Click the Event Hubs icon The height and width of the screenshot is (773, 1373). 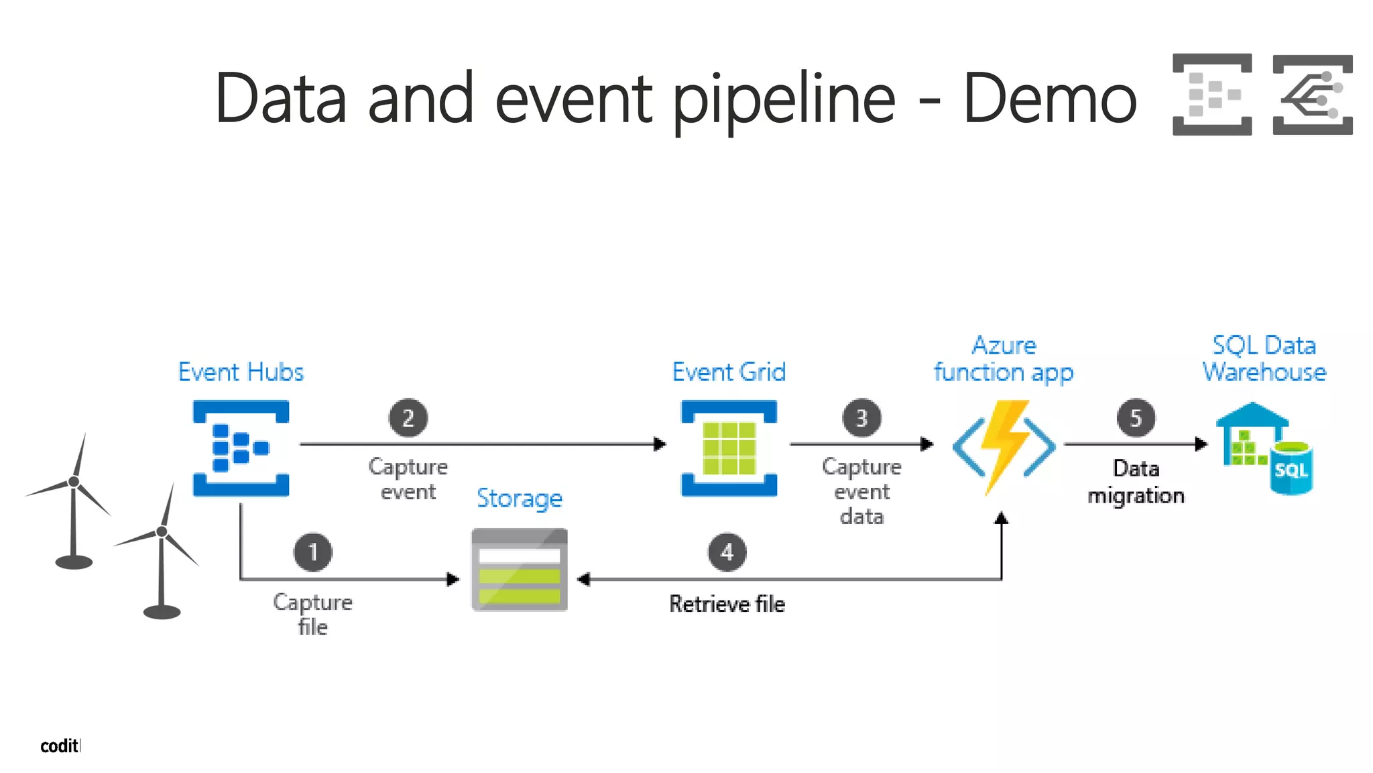coord(241,448)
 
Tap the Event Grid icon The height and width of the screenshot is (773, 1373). coord(729,448)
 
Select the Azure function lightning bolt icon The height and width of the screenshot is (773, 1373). coord(1004,446)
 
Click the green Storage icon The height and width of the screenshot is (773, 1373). coord(520,570)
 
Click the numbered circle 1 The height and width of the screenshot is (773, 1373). coord(312,552)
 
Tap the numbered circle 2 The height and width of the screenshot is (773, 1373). coord(408,418)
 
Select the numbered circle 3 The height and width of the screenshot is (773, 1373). coord(861,418)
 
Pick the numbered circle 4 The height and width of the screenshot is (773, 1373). coord(727,552)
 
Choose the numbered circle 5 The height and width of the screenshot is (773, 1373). coord(1136,418)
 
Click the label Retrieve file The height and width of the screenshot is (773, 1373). coord(727,604)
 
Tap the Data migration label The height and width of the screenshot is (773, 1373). coord(1136,482)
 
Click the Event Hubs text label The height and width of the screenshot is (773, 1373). coord(241,372)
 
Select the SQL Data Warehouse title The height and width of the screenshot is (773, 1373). coord(1264,358)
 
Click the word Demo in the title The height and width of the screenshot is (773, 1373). coord(1050,99)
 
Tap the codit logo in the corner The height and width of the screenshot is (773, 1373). coord(60,745)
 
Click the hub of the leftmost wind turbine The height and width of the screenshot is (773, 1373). coord(74,481)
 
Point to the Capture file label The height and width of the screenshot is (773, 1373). coord(312,614)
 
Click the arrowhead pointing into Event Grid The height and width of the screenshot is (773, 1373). coord(660,444)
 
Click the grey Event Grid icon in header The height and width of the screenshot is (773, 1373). coord(1312,95)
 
